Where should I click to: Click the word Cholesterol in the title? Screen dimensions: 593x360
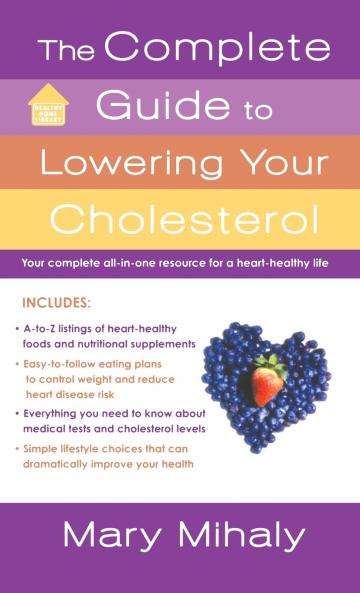(x=184, y=218)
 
